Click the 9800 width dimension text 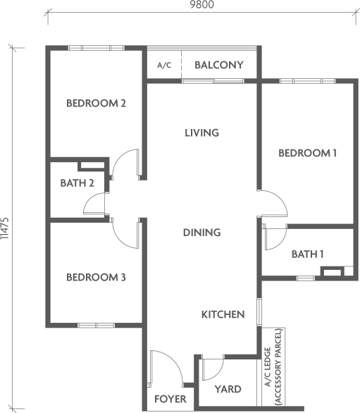pos(202,4)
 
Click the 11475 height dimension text pos(5,228)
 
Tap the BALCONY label pos(219,65)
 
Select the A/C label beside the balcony pos(164,65)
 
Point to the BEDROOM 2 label pos(96,103)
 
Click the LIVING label pos(201,132)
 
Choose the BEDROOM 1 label pos(308,153)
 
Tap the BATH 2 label pos(77,183)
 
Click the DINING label pos(202,233)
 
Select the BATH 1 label pos(308,254)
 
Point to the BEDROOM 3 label pos(96,278)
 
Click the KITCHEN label pos(223,314)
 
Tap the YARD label pos(228,389)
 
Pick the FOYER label pos(170,399)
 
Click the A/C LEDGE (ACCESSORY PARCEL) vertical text pos(273,366)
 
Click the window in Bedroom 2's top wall pos(96,48)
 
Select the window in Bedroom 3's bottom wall pos(97,326)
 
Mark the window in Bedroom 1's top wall pos(307,81)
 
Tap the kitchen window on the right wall pos(259,312)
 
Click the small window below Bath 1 pos(306,278)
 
